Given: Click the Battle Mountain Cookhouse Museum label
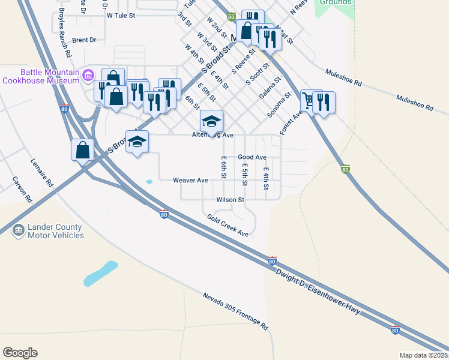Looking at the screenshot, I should pos(41,76).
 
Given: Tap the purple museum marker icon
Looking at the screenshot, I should pos(88,74).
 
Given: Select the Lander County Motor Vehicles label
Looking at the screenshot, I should pos(56,232).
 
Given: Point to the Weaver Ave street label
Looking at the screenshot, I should pos(190,180).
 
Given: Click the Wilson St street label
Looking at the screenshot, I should pos(231,200).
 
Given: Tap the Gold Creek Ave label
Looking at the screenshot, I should pos(228,225).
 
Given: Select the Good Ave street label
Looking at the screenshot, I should pos(252,157).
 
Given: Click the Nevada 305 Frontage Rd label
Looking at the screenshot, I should pos(235,312).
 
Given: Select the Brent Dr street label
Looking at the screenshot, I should pos(84,40).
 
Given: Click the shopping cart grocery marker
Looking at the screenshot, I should pos(309,100).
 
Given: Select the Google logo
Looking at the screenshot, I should pos(20,353).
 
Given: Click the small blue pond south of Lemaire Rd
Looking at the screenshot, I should pos(101,272).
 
